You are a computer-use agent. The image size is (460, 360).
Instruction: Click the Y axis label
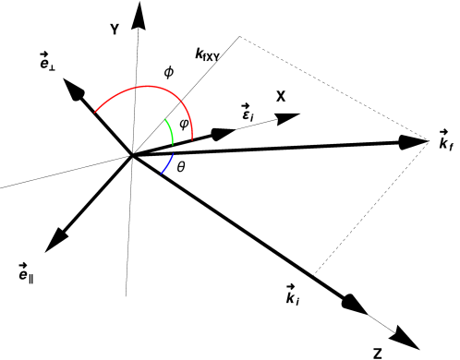(x=114, y=30)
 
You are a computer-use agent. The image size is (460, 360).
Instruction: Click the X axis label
(x=282, y=96)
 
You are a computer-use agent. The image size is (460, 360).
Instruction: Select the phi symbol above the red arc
(x=168, y=70)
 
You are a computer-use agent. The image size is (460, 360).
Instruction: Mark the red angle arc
(x=139, y=90)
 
